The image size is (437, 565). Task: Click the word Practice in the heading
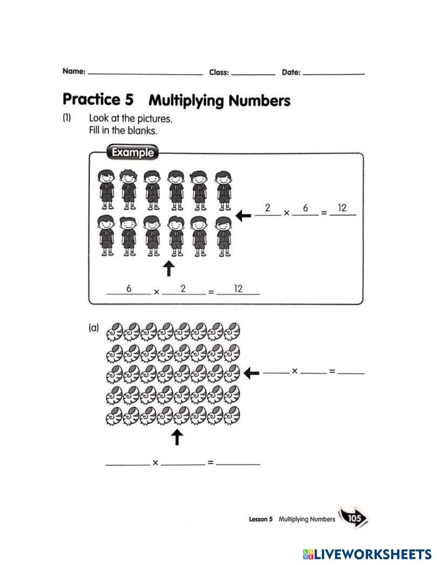91,100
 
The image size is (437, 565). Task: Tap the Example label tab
132,153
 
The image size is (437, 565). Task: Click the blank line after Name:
145,73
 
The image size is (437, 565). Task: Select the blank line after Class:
253,73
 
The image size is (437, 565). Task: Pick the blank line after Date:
333,73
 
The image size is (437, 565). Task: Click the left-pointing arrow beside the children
243,215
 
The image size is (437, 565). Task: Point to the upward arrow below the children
169,269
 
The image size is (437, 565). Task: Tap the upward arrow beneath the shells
176,437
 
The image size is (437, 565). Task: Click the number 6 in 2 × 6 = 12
305,208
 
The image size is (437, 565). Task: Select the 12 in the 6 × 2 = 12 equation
238,288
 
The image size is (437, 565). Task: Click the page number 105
354,518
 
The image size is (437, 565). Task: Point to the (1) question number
66,117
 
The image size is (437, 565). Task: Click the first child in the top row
106,189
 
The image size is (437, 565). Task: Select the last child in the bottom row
224,236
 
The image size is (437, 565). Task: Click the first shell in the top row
114,331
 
